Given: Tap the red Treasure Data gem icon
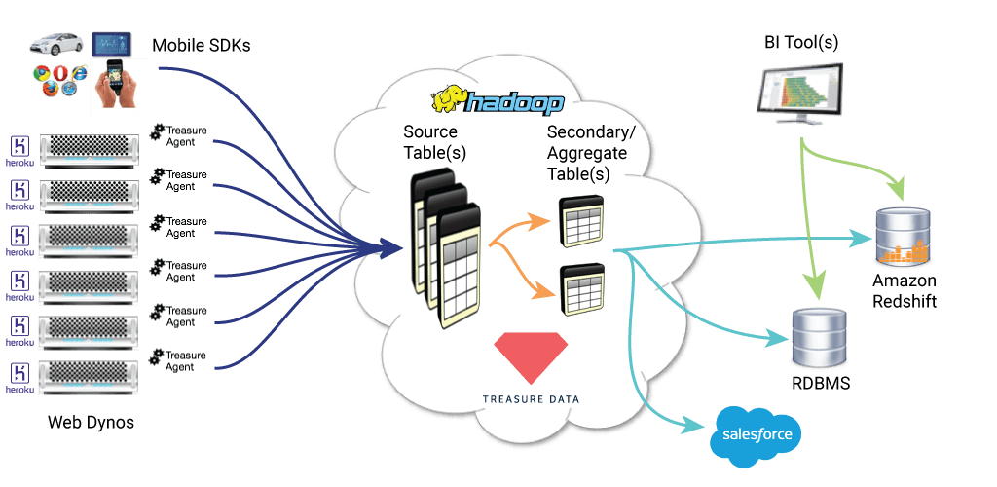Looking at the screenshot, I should tap(532, 356).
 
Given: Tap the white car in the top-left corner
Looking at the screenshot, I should tap(57, 44).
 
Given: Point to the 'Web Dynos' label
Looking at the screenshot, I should tap(91, 423).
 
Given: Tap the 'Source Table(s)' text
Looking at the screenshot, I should tap(430, 141).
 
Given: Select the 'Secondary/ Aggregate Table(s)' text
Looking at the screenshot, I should tap(587, 153).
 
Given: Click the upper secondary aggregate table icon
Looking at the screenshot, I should tap(581, 221).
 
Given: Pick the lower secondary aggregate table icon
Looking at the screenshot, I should tap(581, 289).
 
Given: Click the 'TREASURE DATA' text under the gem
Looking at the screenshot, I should tap(531, 398).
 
